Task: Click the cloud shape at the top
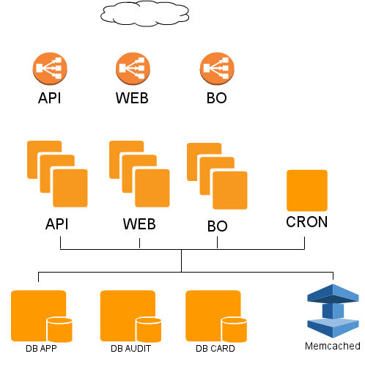(144, 13)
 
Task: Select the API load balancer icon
(50, 69)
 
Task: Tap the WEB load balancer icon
(133, 69)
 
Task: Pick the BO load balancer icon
(217, 69)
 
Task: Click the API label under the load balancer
(49, 98)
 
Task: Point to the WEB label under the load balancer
(132, 98)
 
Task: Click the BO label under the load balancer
(217, 98)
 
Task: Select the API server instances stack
(57, 174)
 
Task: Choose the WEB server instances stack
(139, 174)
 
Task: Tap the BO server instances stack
(217, 176)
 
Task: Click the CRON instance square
(307, 190)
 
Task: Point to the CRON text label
(307, 222)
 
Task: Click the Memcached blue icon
(333, 311)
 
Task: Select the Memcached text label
(333, 346)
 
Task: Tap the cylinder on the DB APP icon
(59, 330)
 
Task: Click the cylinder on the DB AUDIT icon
(149, 330)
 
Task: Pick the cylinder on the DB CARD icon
(234, 330)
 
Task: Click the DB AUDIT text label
(130, 349)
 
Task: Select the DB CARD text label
(215, 349)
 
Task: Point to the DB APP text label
(41, 349)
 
